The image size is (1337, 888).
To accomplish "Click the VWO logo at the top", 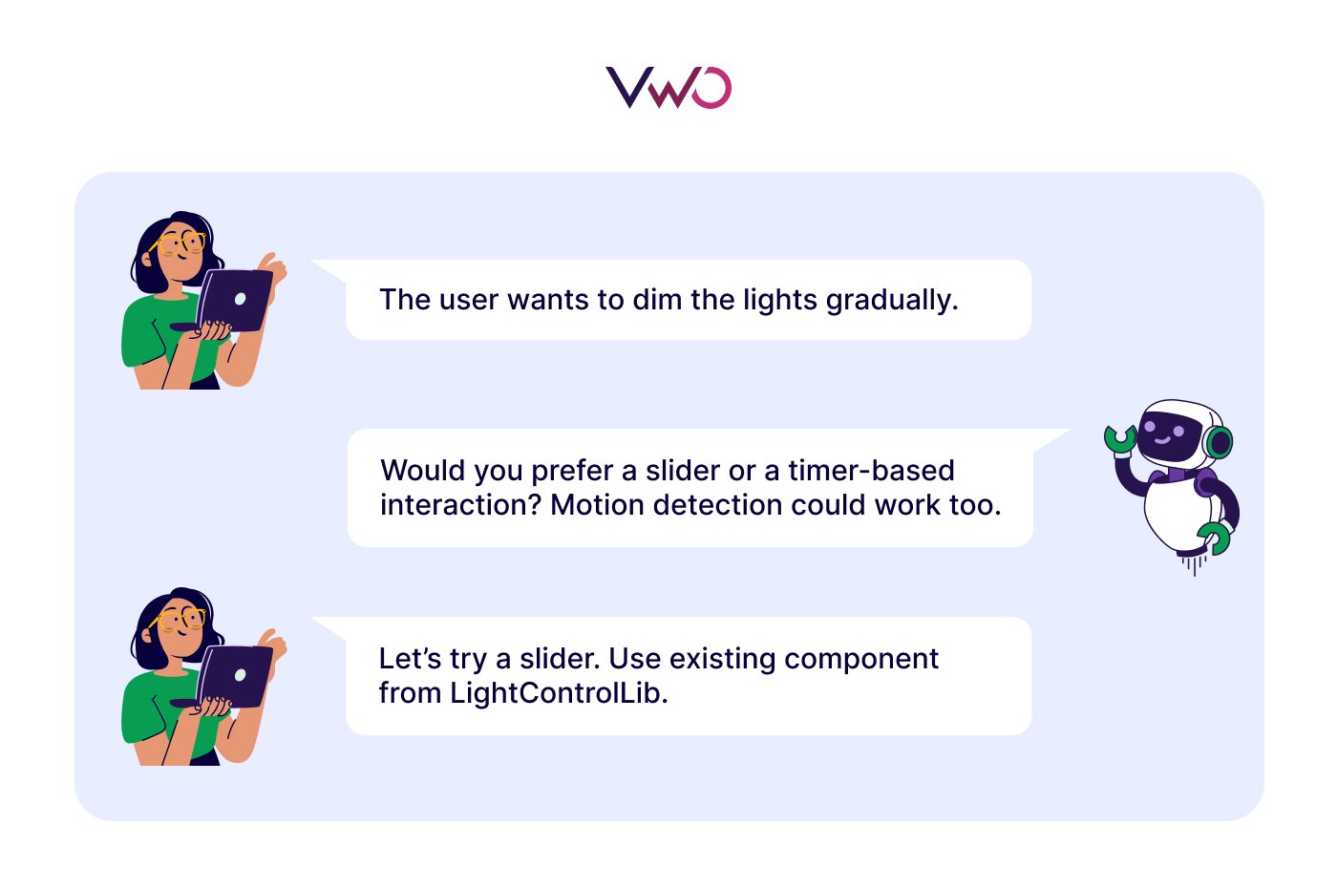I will click(668, 87).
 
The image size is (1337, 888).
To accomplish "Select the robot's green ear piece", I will click(1219, 442).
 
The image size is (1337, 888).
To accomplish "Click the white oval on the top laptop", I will click(240, 299).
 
